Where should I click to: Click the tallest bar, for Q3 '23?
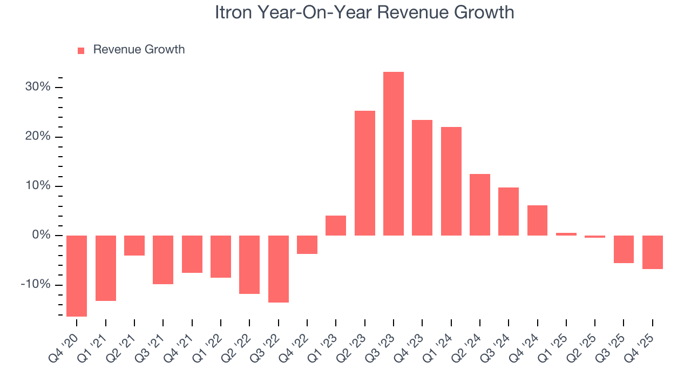tap(394, 153)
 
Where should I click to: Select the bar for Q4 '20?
tap(77, 276)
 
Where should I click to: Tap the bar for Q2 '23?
tap(365, 173)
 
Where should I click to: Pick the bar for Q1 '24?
tap(451, 181)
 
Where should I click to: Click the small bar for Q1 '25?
tap(566, 234)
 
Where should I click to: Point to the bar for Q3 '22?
tap(279, 269)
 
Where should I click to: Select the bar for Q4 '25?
tap(653, 252)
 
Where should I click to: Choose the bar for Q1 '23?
tap(336, 225)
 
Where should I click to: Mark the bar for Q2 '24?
tap(480, 204)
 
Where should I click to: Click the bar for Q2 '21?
tap(134, 245)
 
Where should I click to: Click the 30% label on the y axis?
tap(38, 87)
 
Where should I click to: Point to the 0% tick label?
tap(41, 236)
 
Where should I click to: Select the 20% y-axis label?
tap(38, 137)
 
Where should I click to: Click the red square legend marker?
tap(81, 50)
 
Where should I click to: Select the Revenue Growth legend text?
tap(139, 50)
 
